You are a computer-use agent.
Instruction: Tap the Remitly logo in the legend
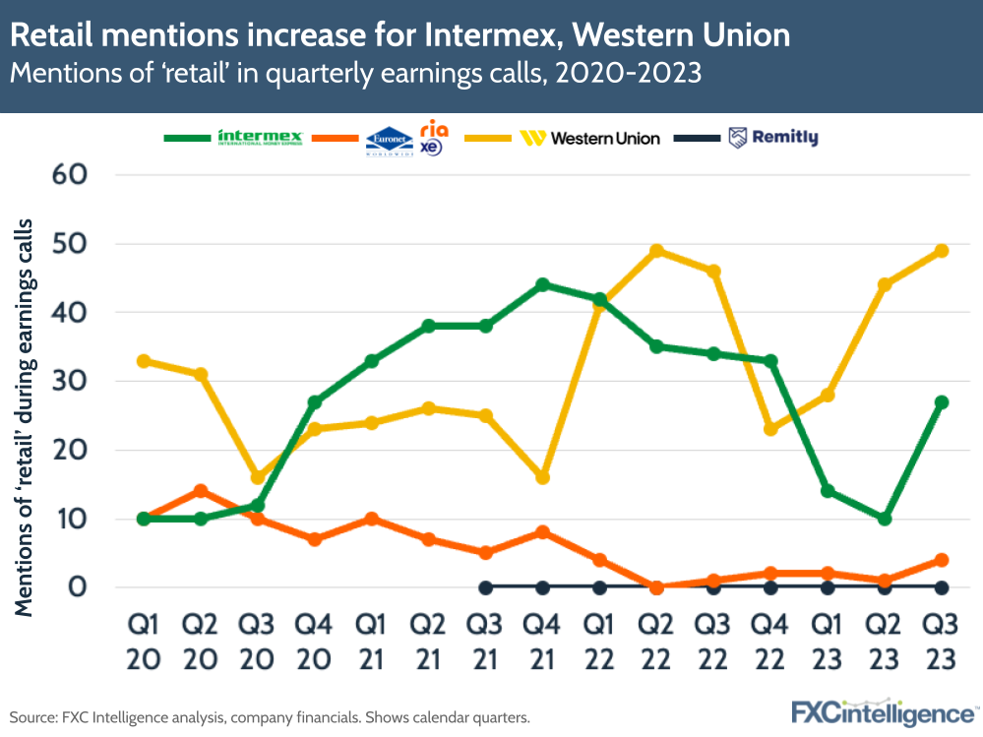pyautogui.click(x=772, y=138)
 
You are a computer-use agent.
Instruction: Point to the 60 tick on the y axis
pyautogui.click(x=67, y=175)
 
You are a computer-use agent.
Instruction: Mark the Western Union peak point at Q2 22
pyautogui.click(x=656, y=250)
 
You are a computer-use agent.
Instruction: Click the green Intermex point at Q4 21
pyautogui.click(x=542, y=284)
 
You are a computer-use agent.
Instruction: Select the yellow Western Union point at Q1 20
pyautogui.click(x=144, y=360)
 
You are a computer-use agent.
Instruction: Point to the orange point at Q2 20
pyautogui.click(x=201, y=491)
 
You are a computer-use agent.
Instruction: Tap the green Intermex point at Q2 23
pyautogui.click(x=884, y=519)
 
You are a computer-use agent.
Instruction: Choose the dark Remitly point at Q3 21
pyautogui.click(x=485, y=587)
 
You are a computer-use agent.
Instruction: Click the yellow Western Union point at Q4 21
pyautogui.click(x=542, y=477)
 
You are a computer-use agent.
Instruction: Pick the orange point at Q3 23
pyautogui.click(x=941, y=560)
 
